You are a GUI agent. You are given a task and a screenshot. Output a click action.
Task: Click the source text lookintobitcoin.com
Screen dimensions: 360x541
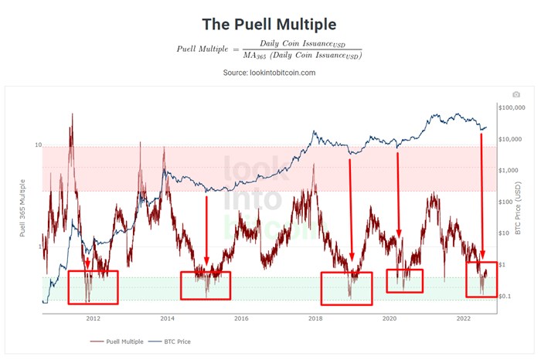pyautogui.click(x=270, y=73)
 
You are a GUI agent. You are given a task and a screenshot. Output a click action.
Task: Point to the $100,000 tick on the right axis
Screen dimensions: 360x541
pyautogui.click(x=513, y=107)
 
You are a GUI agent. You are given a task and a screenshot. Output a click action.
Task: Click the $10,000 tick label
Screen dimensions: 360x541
pyautogui.click(x=513, y=139)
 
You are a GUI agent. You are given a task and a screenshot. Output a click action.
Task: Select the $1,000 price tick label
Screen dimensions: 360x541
pyautogui.click(x=512, y=171)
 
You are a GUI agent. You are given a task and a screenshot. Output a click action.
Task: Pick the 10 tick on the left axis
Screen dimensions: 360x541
pyautogui.click(x=37, y=145)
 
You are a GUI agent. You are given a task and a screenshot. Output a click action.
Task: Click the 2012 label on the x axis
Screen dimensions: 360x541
pyautogui.click(x=93, y=318)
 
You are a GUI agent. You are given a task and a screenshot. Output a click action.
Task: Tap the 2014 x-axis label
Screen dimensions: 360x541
pyautogui.click(x=167, y=318)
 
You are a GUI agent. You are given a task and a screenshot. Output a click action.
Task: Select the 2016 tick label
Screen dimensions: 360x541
pyautogui.click(x=241, y=318)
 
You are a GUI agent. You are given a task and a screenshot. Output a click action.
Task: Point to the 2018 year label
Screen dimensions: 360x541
pyautogui.click(x=315, y=318)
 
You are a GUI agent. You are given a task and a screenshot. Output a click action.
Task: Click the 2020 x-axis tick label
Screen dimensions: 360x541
pyautogui.click(x=390, y=318)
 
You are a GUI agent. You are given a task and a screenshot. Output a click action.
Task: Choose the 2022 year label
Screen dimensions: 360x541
pyautogui.click(x=464, y=318)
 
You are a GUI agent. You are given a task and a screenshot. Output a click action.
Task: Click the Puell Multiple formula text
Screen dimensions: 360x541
pyautogui.click(x=270, y=49)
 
